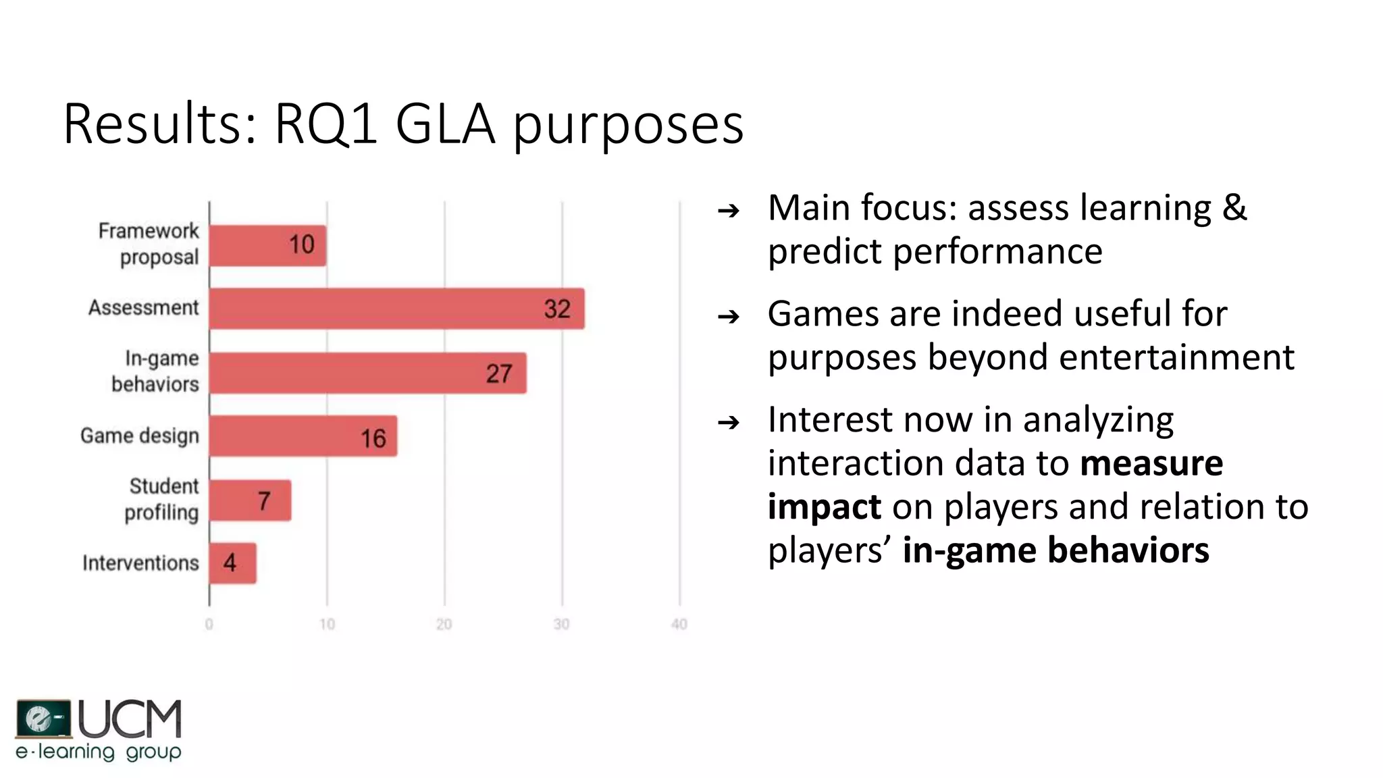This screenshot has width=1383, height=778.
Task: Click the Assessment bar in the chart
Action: tap(396, 309)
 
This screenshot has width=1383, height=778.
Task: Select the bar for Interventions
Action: tap(232, 563)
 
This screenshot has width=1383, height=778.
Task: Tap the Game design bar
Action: tap(303, 436)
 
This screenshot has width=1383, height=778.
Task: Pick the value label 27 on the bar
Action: tap(499, 373)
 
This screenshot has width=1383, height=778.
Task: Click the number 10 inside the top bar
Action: tap(302, 244)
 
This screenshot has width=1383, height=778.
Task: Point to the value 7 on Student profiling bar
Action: tap(264, 500)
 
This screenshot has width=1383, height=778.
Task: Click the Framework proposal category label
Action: tap(150, 244)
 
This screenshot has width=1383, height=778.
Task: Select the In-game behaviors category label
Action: tap(156, 371)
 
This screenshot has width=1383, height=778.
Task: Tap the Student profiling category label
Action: tap(162, 499)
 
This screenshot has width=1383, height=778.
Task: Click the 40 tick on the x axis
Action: tap(679, 624)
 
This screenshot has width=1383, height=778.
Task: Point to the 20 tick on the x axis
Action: tap(444, 624)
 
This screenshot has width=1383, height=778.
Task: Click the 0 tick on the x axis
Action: tap(209, 624)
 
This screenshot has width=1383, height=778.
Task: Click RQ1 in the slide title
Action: tap(325, 124)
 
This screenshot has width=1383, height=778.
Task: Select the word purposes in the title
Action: tap(628, 126)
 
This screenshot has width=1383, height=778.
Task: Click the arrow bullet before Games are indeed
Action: tap(729, 316)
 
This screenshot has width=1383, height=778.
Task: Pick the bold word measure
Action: tap(1151, 463)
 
